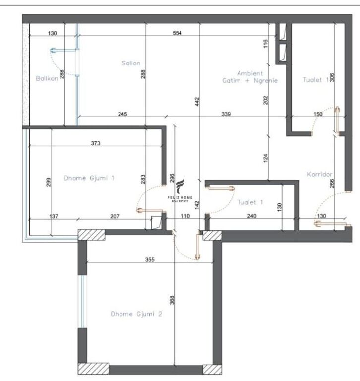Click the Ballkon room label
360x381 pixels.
[x=47, y=78]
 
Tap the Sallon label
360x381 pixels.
[x=131, y=63]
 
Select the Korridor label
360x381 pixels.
[x=319, y=174]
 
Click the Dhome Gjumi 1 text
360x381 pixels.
[x=89, y=177]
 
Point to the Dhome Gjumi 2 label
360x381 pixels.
[x=136, y=314]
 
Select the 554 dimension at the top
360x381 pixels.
[x=178, y=34]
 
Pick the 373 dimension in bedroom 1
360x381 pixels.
[x=95, y=144]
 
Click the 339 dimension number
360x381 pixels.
[x=226, y=114]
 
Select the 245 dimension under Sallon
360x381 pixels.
[x=122, y=114]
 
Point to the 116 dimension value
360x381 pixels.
[x=266, y=44]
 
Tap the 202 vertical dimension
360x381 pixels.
[x=266, y=99]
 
